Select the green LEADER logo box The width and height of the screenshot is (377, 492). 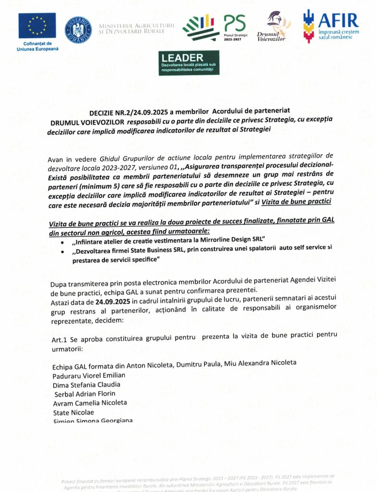click(189, 63)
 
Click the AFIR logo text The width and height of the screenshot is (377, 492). click(338, 21)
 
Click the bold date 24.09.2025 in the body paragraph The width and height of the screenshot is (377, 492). click(113, 302)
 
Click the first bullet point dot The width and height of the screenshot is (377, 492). click(64, 240)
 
